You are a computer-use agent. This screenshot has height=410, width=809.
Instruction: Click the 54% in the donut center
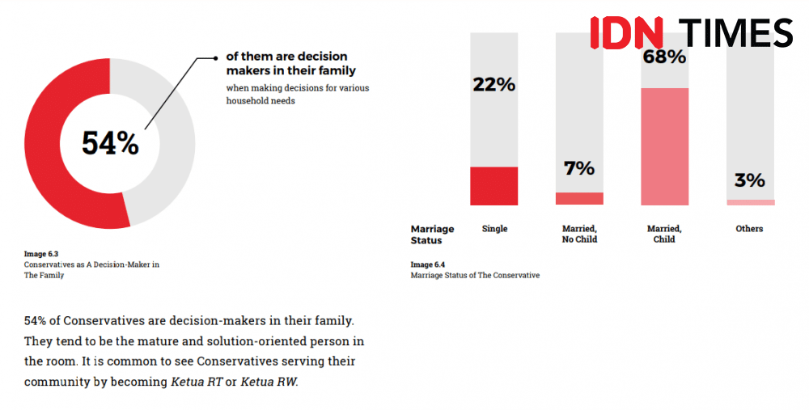(x=110, y=143)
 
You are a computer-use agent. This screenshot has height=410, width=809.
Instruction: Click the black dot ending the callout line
(x=217, y=57)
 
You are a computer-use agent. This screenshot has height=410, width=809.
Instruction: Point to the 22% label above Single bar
(x=493, y=84)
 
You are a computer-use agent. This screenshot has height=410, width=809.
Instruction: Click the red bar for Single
(x=493, y=186)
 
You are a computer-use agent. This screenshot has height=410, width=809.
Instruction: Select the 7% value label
(x=579, y=168)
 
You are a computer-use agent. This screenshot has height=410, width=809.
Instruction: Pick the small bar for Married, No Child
(x=579, y=199)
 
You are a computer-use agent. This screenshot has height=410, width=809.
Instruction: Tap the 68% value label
(x=664, y=57)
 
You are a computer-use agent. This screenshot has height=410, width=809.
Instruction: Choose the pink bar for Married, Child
(x=664, y=146)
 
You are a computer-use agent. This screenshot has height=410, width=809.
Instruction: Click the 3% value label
(x=750, y=180)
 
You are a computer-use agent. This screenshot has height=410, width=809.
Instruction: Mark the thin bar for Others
(x=750, y=202)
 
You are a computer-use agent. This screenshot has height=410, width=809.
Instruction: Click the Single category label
(x=494, y=229)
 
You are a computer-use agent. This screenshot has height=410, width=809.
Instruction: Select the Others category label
(x=749, y=229)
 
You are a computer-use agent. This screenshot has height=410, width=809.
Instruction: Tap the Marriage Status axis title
(x=433, y=235)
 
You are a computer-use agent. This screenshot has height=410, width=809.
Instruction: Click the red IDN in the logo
(x=626, y=32)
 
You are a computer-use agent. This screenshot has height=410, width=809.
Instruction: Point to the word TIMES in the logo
(x=737, y=32)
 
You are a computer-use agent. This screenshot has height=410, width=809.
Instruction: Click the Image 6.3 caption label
(x=41, y=254)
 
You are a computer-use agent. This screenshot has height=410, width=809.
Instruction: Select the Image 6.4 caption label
(x=428, y=264)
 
